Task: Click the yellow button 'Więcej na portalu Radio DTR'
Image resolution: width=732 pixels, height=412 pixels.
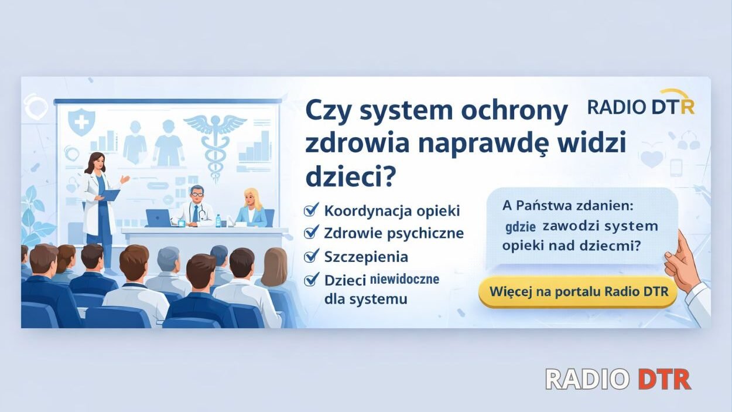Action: [577, 292]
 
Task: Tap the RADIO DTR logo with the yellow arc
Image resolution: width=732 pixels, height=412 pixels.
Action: [641, 105]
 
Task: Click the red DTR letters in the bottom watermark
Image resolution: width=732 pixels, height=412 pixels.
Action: [664, 380]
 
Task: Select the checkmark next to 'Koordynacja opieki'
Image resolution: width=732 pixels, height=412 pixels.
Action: [312, 210]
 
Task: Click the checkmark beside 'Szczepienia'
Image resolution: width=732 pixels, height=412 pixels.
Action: [312, 256]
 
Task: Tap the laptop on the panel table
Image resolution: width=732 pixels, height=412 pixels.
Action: [158, 218]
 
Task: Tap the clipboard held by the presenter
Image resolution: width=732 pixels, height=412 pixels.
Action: [111, 194]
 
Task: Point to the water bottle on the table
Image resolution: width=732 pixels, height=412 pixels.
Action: [218, 221]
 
